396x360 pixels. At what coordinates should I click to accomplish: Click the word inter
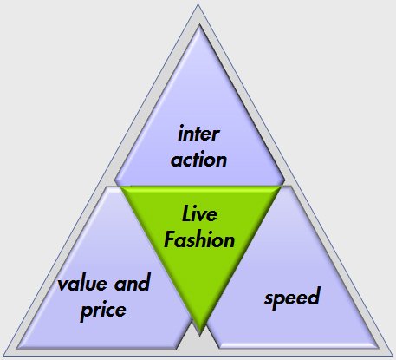(198, 134)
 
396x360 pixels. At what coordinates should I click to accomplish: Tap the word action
(198, 159)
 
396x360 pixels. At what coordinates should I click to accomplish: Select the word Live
(199, 213)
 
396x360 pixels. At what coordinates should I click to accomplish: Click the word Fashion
(199, 239)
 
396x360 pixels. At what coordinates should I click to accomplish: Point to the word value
(82, 284)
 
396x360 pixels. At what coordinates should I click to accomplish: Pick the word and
(133, 283)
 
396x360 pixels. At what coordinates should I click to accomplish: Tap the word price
(103, 311)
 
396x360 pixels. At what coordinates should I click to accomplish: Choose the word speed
(292, 298)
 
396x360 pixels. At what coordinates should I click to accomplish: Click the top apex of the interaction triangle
(199, 26)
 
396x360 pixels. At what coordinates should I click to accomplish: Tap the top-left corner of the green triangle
(121, 187)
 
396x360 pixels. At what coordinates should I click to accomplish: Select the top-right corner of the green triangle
(280, 187)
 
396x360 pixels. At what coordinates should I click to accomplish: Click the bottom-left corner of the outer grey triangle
(4, 356)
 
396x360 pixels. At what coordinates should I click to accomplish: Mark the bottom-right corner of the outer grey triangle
(393, 356)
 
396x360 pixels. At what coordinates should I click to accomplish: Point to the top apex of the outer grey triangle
(198, 5)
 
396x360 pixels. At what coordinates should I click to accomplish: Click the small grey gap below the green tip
(199, 343)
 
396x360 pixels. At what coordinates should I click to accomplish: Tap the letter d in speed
(314, 296)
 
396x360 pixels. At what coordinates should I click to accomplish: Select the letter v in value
(62, 285)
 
